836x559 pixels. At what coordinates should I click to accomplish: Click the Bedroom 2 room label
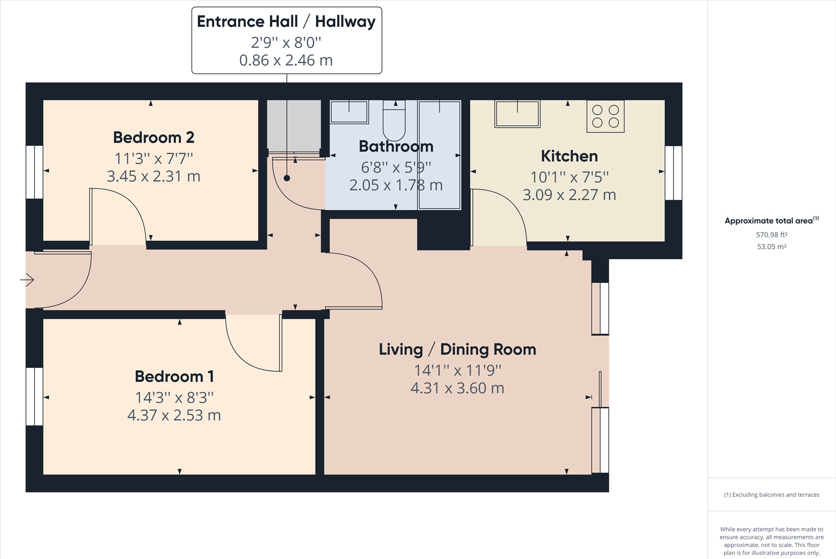point(153,137)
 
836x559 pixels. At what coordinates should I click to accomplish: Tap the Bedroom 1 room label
point(174,376)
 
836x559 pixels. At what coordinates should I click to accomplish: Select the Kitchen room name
point(569,156)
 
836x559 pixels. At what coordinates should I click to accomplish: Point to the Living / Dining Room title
point(457,349)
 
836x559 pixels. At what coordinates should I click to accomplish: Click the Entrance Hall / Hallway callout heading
point(286,21)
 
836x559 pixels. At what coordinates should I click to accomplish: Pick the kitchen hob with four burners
point(605,116)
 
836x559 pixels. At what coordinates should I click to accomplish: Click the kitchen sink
point(517,114)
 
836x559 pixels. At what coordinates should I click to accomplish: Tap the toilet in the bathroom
point(394,121)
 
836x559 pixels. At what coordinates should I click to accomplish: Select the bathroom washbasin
point(349,112)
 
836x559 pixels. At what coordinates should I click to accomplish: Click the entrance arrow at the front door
point(27,279)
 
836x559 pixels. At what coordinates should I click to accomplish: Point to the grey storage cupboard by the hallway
point(294,125)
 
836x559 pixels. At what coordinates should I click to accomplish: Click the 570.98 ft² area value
point(771,234)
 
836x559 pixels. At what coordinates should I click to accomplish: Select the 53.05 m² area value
point(771,247)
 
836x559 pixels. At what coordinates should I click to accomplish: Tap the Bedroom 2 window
point(34,172)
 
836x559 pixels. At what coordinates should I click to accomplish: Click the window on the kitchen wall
point(673,173)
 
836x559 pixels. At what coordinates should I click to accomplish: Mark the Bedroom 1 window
point(34,396)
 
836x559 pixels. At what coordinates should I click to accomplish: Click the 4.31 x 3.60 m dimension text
point(457,388)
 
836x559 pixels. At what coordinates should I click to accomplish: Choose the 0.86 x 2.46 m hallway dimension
point(286,60)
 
